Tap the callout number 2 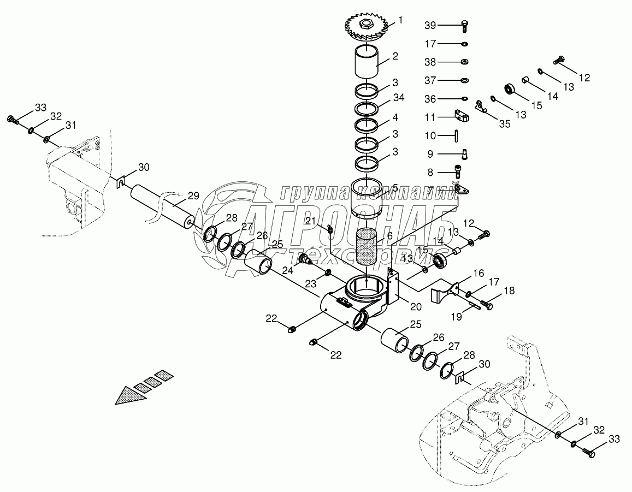click(394, 56)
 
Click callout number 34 click(398, 97)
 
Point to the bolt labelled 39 click(463, 25)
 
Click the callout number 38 click(431, 62)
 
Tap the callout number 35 click(504, 124)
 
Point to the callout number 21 click(311, 221)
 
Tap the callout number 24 click(288, 269)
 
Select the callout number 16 click(479, 272)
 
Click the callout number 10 click(431, 135)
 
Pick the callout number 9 click(431, 154)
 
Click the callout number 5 click(394, 187)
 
